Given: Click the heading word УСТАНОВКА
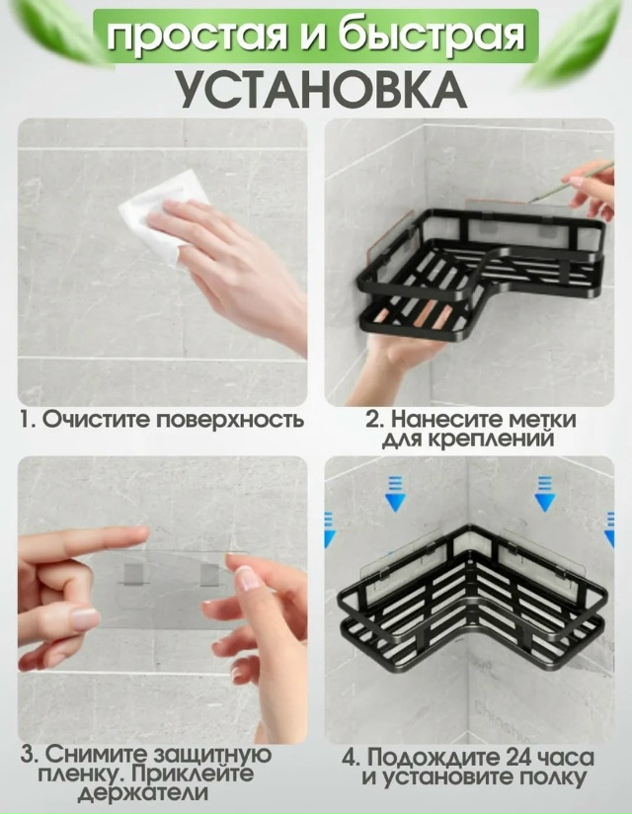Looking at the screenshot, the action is (323, 89).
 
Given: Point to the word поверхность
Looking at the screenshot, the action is (230, 419).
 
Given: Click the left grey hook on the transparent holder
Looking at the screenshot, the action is (136, 575).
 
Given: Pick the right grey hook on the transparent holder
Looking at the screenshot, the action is (211, 575).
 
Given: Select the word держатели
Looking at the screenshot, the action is (144, 793).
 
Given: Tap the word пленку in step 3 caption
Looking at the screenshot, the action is (79, 774).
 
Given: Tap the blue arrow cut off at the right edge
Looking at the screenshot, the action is (609, 529).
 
